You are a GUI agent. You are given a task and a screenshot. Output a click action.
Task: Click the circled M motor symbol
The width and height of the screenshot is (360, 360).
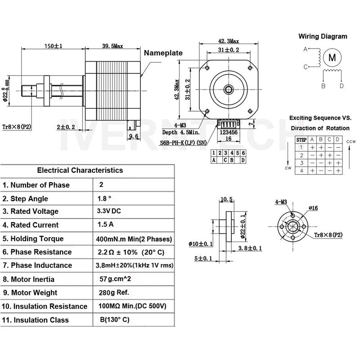pos(333,57)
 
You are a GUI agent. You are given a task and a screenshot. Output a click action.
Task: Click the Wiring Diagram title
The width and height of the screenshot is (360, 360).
pos(323,36)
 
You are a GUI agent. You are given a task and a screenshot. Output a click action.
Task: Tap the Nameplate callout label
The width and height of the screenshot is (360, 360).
pos(163,53)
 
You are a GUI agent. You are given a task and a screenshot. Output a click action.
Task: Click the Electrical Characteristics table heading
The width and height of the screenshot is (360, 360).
pos(80,170)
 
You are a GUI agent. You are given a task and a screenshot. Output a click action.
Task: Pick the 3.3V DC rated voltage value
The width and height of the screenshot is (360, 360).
pos(109,211)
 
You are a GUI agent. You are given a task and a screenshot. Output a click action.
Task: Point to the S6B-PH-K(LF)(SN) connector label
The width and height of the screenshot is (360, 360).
pos(184,143)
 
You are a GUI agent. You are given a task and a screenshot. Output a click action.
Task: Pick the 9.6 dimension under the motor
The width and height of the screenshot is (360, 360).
pos(133,135)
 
